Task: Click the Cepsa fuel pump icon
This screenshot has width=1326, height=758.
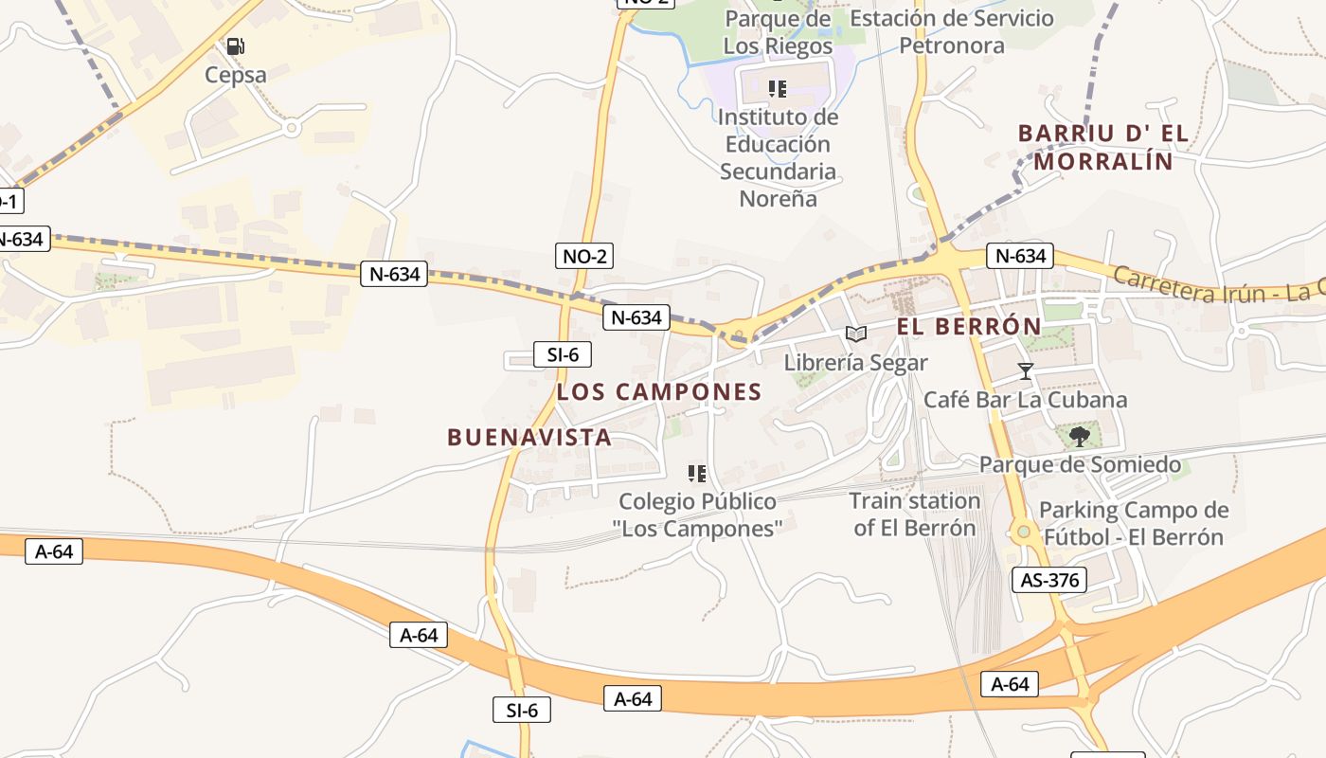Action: pos(235,45)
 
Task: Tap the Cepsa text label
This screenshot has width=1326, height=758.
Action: pos(236,75)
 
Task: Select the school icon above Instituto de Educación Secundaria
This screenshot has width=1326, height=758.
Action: pos(778,89)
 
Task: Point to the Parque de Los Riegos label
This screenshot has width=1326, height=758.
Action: pos(778,32)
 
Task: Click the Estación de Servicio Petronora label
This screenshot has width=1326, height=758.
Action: pos(951,32)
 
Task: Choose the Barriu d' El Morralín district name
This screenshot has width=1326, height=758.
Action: pos(1103,147)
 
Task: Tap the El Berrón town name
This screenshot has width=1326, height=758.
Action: pos(969,327)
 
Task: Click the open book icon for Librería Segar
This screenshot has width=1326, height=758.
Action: pos(855,334)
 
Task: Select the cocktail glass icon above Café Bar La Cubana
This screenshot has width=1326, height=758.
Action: pos(1025,370)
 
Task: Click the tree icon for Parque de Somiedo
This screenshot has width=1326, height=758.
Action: pos(1078,437)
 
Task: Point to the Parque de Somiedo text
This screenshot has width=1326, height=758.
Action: pos(1080,464)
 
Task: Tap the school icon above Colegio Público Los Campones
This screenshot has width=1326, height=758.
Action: pos(697,473)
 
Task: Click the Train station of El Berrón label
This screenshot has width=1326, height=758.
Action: pos(914,514)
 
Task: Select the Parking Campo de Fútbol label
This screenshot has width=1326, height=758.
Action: pos(1134,523)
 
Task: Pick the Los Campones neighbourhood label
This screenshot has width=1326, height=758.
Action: pos(659,391)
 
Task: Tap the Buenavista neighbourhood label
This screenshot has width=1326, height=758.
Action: pos(529,437)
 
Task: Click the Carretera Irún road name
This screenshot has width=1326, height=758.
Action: pos(1217,285)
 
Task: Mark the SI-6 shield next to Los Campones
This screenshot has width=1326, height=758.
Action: pos(562,354)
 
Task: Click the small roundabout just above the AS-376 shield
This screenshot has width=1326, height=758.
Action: pos(1023,532)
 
